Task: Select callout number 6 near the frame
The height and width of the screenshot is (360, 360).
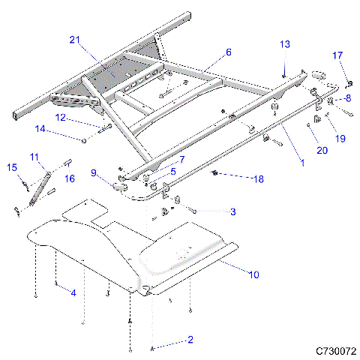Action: tap(229, 52)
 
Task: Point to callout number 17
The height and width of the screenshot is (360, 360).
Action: tap(337, 55)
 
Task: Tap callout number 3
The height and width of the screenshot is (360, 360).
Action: tap(232, 212)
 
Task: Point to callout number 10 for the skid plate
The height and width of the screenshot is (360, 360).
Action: tap(253, 275)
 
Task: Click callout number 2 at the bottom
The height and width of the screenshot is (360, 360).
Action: tap(190, 340)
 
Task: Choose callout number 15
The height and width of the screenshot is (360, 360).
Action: tap(12, 167)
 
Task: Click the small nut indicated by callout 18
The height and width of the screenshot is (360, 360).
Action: tap(215, 175)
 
